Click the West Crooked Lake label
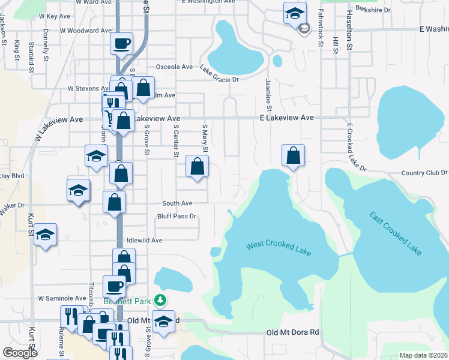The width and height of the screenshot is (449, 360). pos(279,247)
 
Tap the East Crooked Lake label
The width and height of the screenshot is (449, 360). pos(395,234)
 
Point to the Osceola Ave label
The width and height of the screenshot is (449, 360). pos(174,67)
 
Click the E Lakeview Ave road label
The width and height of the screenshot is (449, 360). pos(287,118)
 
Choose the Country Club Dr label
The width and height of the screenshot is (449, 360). pos(424,173)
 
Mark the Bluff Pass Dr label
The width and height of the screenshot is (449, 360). pos(177,216)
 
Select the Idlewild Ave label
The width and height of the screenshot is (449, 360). pos(145,240)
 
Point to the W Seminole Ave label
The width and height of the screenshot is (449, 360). pos(62,298)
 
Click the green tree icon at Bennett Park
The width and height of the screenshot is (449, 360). pos(160,299)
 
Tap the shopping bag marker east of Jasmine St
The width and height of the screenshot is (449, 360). pos(293,156)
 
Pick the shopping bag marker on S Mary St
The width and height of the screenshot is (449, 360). pos(196,167)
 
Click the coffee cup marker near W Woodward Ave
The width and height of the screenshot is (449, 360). pos(122,44)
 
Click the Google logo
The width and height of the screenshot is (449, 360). pos(20,353)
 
